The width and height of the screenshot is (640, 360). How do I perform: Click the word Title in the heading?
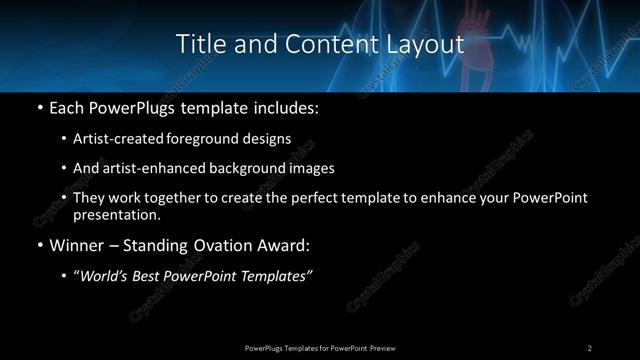tap(197, 44)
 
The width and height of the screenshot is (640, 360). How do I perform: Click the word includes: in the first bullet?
tap(286, 106)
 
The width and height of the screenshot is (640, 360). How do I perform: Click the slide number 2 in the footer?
tap(590, 347)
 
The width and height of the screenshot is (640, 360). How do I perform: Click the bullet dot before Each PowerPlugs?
tap(39, 106)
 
